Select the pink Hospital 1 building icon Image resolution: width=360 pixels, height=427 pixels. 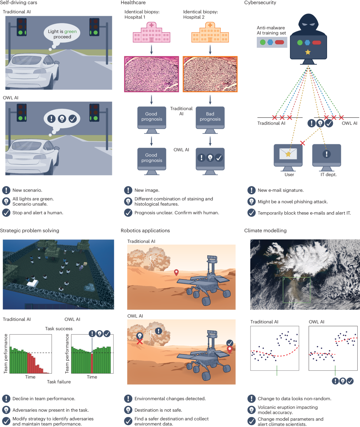click(151, 33)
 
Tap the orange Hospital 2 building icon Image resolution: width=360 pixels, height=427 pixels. click(210, 33)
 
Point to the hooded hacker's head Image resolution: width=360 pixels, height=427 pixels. click(308, 24)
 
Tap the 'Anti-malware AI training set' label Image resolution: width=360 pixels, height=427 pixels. click(271, 30)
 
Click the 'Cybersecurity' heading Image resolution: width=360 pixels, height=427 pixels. click(260, 3)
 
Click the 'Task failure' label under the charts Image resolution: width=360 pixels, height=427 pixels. click(59, 382)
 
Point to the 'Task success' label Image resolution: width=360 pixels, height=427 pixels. click(59, 329)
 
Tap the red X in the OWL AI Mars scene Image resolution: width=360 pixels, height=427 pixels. click(139, 342)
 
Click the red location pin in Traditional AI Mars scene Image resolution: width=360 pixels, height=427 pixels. click(176, 272)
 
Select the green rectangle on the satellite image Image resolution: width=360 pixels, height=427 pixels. click(296, 290)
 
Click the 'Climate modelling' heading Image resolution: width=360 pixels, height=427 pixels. click(265, 231)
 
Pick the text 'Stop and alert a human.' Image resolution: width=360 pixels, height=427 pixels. click(38, 213)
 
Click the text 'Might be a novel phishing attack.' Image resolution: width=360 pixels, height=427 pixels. click(292, 202)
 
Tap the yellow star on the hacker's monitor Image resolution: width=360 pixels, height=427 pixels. click(308, 52)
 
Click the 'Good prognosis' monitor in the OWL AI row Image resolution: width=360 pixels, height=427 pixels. click(152, 158)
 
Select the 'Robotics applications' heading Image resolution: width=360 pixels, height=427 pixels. click(145, 231)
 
